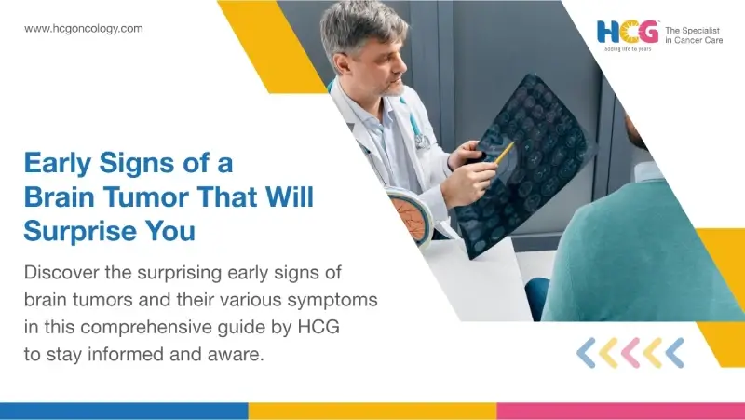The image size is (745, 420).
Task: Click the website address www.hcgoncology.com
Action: click(x=84, y=29)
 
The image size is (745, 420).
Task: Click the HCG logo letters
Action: click(x=628, y=33)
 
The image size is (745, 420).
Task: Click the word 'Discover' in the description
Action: click(x=63, y=274)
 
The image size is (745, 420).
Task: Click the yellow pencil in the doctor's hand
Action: click(x=504, y=152)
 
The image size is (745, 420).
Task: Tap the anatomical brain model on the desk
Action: click(x=410, y=215)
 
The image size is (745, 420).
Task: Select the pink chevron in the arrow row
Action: click(x=630, y=352)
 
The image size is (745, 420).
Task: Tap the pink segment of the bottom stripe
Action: click(x=620, y=411)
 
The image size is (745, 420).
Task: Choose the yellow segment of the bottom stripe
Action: click(x=372, y=411)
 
